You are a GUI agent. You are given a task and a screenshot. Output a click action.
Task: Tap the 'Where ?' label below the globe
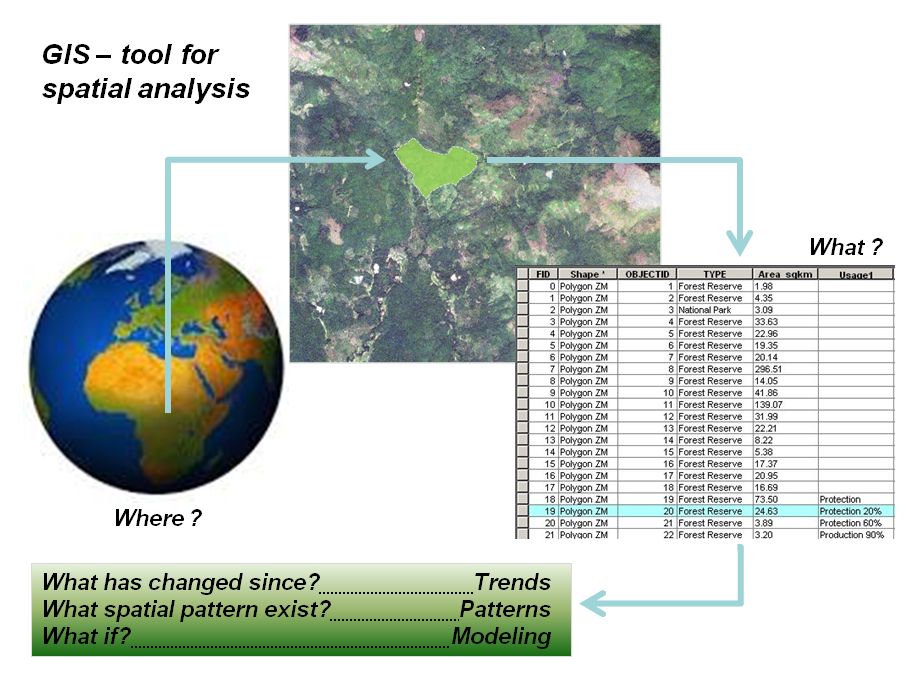pyautogui.click(x=157, y=518)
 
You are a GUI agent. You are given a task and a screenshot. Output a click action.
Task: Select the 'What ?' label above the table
pyautogui.click(x=845, y=246)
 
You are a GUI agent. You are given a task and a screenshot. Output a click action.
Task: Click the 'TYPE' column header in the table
pyautogui.click(x=714, y=274)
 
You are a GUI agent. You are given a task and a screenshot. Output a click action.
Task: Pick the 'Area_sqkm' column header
pyautogui.click(x=785, y=274)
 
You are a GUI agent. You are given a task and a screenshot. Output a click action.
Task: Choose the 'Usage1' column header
pyautogui.click(x=856, y=274)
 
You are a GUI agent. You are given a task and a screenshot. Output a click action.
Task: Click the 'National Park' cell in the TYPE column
pyautogui.click(x=709, y=310)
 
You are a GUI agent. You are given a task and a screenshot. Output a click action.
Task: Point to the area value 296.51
pyautogui.click(x=770, y=369)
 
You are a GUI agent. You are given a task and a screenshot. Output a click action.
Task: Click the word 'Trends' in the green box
pyautogui.click(x=513, y=582)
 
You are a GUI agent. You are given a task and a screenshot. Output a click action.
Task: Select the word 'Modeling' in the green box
pyautogui.click(x=501, y=637)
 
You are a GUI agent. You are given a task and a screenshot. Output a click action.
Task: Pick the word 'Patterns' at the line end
pyautogui.click(x=505, y=609)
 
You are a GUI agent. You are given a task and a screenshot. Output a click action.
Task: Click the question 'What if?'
pyautogui.click(x=87, y=637)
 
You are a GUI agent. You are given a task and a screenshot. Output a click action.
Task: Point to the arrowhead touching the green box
pyautogui.click(x=593, y=602)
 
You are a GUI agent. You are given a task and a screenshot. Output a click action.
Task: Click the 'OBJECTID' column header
pyautogui.click(x=646, y=274)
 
